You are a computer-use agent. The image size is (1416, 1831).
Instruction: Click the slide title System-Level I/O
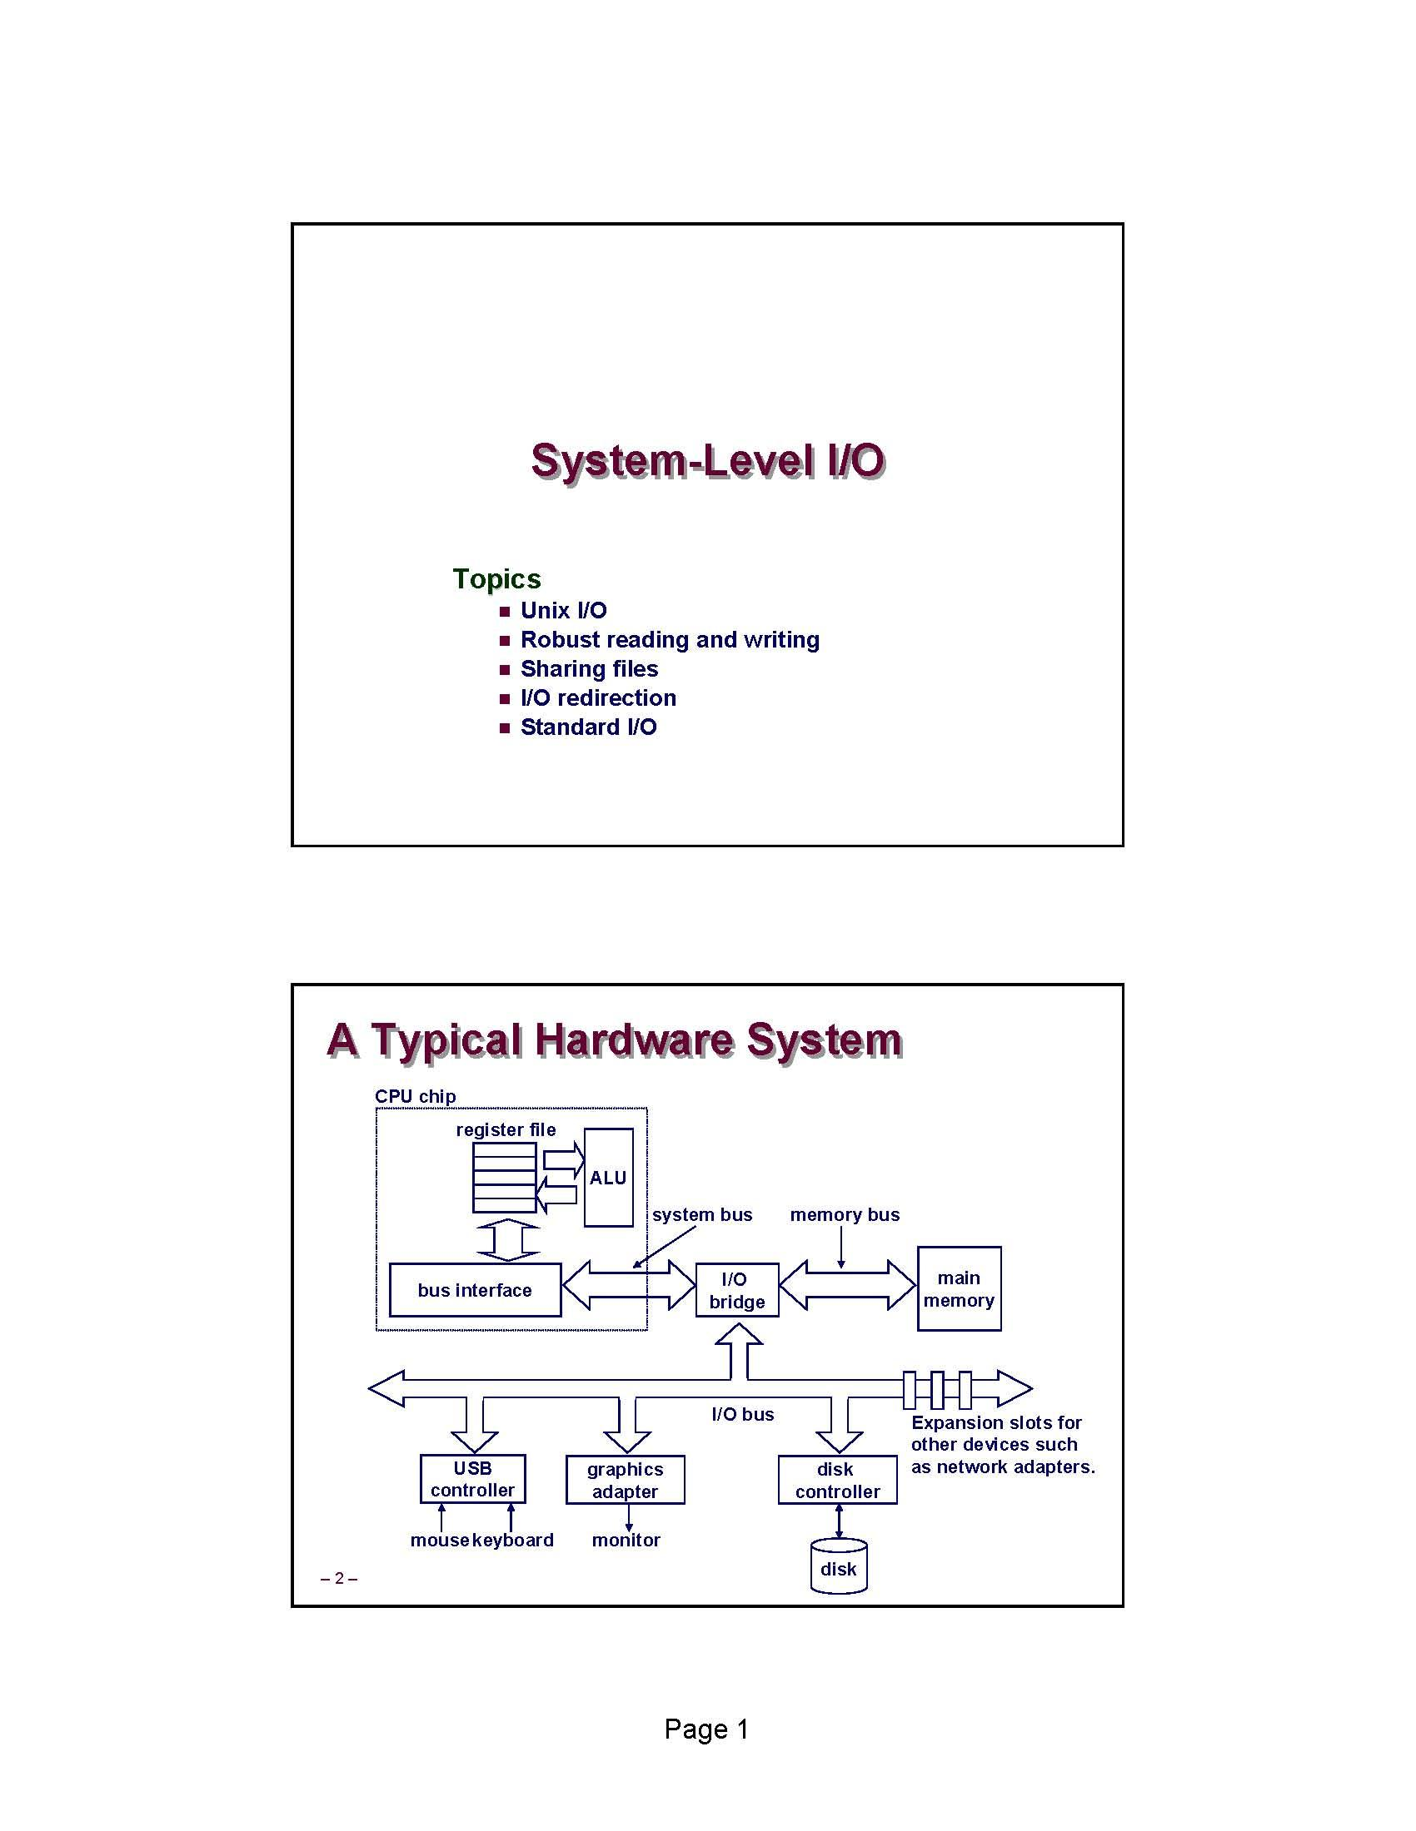pos(707,460)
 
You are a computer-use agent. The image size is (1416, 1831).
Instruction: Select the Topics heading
pos(496,578)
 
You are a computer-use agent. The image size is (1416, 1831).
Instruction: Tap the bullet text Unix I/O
pos(563,610)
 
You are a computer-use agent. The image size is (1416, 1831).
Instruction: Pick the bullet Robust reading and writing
pos(670,640)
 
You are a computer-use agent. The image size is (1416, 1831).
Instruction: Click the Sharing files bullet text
pos(589,669)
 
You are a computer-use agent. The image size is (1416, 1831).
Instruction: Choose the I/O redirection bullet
pos(598,697)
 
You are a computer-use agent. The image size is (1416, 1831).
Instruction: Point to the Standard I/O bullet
pos(588,727)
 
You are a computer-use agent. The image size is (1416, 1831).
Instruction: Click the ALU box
pos(608,1178)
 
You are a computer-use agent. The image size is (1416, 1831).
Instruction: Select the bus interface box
pos(475,1290)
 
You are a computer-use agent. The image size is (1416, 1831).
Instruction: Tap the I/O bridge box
pos(736,1290)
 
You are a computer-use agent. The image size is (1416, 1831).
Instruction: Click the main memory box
pos(959,1288)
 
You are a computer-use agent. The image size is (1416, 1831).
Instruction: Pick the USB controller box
pos(472,1479)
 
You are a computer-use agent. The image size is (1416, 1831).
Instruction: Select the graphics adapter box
pos(625,1480)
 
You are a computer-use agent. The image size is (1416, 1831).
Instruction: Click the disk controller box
pos(837,1480)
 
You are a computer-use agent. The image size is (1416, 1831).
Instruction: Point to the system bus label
pos(702,1215)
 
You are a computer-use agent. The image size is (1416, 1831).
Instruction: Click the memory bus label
pos(844,1215)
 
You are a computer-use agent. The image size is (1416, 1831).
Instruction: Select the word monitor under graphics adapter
pos(626,1540)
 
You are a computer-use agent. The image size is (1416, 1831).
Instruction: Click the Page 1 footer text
pos(706,1729)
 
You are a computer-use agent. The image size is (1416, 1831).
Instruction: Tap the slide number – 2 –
pos(339,1579)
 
